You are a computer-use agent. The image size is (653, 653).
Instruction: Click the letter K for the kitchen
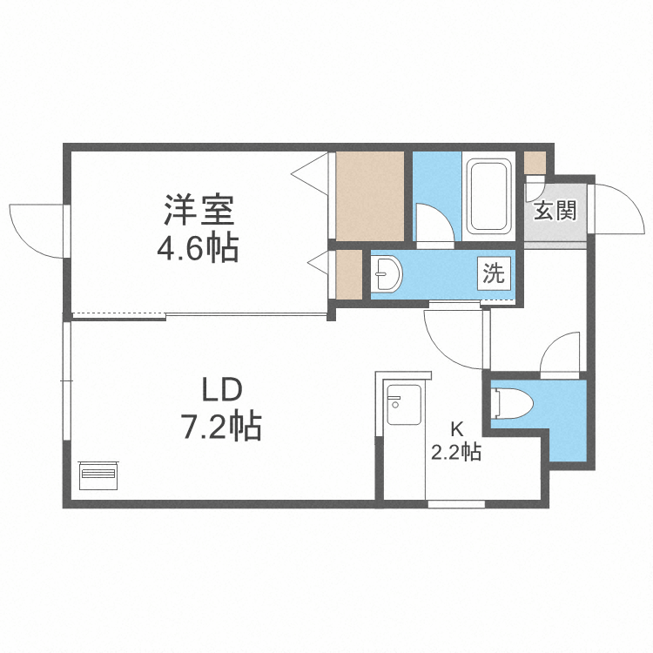[456, 429]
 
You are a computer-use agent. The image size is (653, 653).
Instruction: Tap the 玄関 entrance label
[555, 211]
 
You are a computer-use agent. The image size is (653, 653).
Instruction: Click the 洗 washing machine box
[493, 274]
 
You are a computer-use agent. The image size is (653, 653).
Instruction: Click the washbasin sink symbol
[386, 276]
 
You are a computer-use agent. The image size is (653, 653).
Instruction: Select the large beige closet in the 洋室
[371, 196]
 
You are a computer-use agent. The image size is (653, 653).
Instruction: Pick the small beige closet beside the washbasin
[349, 274]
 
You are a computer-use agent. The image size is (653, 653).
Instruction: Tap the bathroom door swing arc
[434, 223]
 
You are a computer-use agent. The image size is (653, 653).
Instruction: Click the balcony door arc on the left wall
[37, 228]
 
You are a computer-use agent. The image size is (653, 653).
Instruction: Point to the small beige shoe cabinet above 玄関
[535, 162]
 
